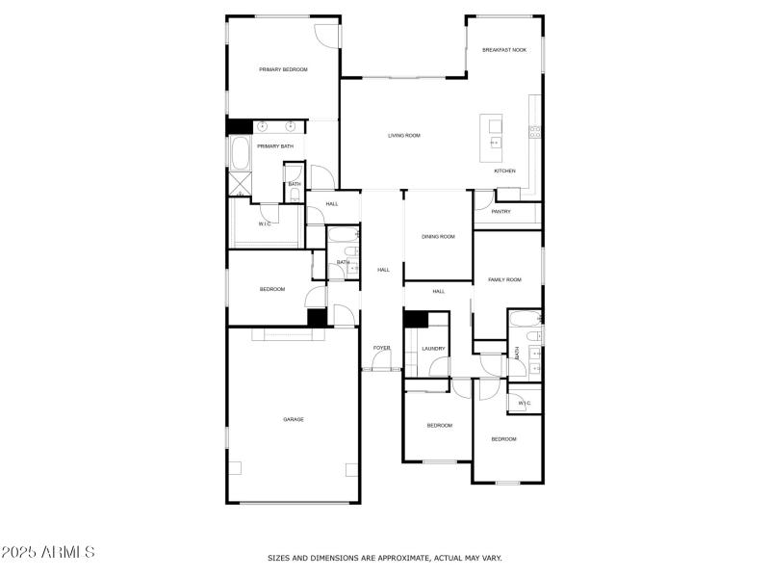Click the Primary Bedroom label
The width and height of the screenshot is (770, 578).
tap(283, 69)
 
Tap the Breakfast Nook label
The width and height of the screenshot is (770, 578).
tap(504, 49)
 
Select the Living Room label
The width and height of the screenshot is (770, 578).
tap(404, 136)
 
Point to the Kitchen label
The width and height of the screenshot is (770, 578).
tap(505, 171)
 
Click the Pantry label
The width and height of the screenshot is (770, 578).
tap(500, 212)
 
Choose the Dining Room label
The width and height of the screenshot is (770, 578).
tap(438, 236)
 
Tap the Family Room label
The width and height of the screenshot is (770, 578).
tap(504, 279)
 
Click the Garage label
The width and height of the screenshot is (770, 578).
tap(294, 419)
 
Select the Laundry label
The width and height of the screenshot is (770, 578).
tap(433, 349)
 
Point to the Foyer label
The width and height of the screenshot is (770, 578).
tap(382, 348)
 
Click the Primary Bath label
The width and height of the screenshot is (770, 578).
tap(274, 146)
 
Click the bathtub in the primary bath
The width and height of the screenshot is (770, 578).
tap(240, 154)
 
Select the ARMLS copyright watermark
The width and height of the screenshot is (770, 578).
tap(48, 552)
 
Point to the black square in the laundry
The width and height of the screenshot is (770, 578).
tap(415, 321)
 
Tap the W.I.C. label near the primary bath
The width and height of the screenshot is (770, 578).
tap(265, 224)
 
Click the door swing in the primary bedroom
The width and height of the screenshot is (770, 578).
tap(328, 35)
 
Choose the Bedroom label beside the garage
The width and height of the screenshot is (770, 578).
tap(272, 290)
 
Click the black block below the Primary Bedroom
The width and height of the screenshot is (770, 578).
tap(239, 126)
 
